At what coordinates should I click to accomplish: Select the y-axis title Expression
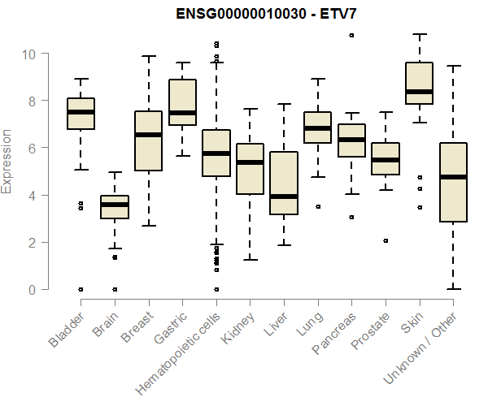coord(7,161)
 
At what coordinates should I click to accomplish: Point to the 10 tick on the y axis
coord(31,54)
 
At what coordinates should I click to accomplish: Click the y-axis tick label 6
coord(31,148)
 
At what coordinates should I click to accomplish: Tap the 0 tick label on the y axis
coord(31,289)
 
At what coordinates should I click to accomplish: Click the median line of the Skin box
coord(420,92)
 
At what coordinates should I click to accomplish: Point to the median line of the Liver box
coord(284,196)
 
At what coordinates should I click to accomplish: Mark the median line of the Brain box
coord(115,205)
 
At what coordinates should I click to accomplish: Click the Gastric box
coord(182,101)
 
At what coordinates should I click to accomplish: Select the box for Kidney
coord(250,169)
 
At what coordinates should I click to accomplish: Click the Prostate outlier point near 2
coord(386,240)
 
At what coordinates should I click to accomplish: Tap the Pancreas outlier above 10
coord(351,36)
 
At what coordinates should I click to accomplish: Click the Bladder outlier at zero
coord(81,289)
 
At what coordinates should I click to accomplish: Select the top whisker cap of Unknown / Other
coord(453,66)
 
